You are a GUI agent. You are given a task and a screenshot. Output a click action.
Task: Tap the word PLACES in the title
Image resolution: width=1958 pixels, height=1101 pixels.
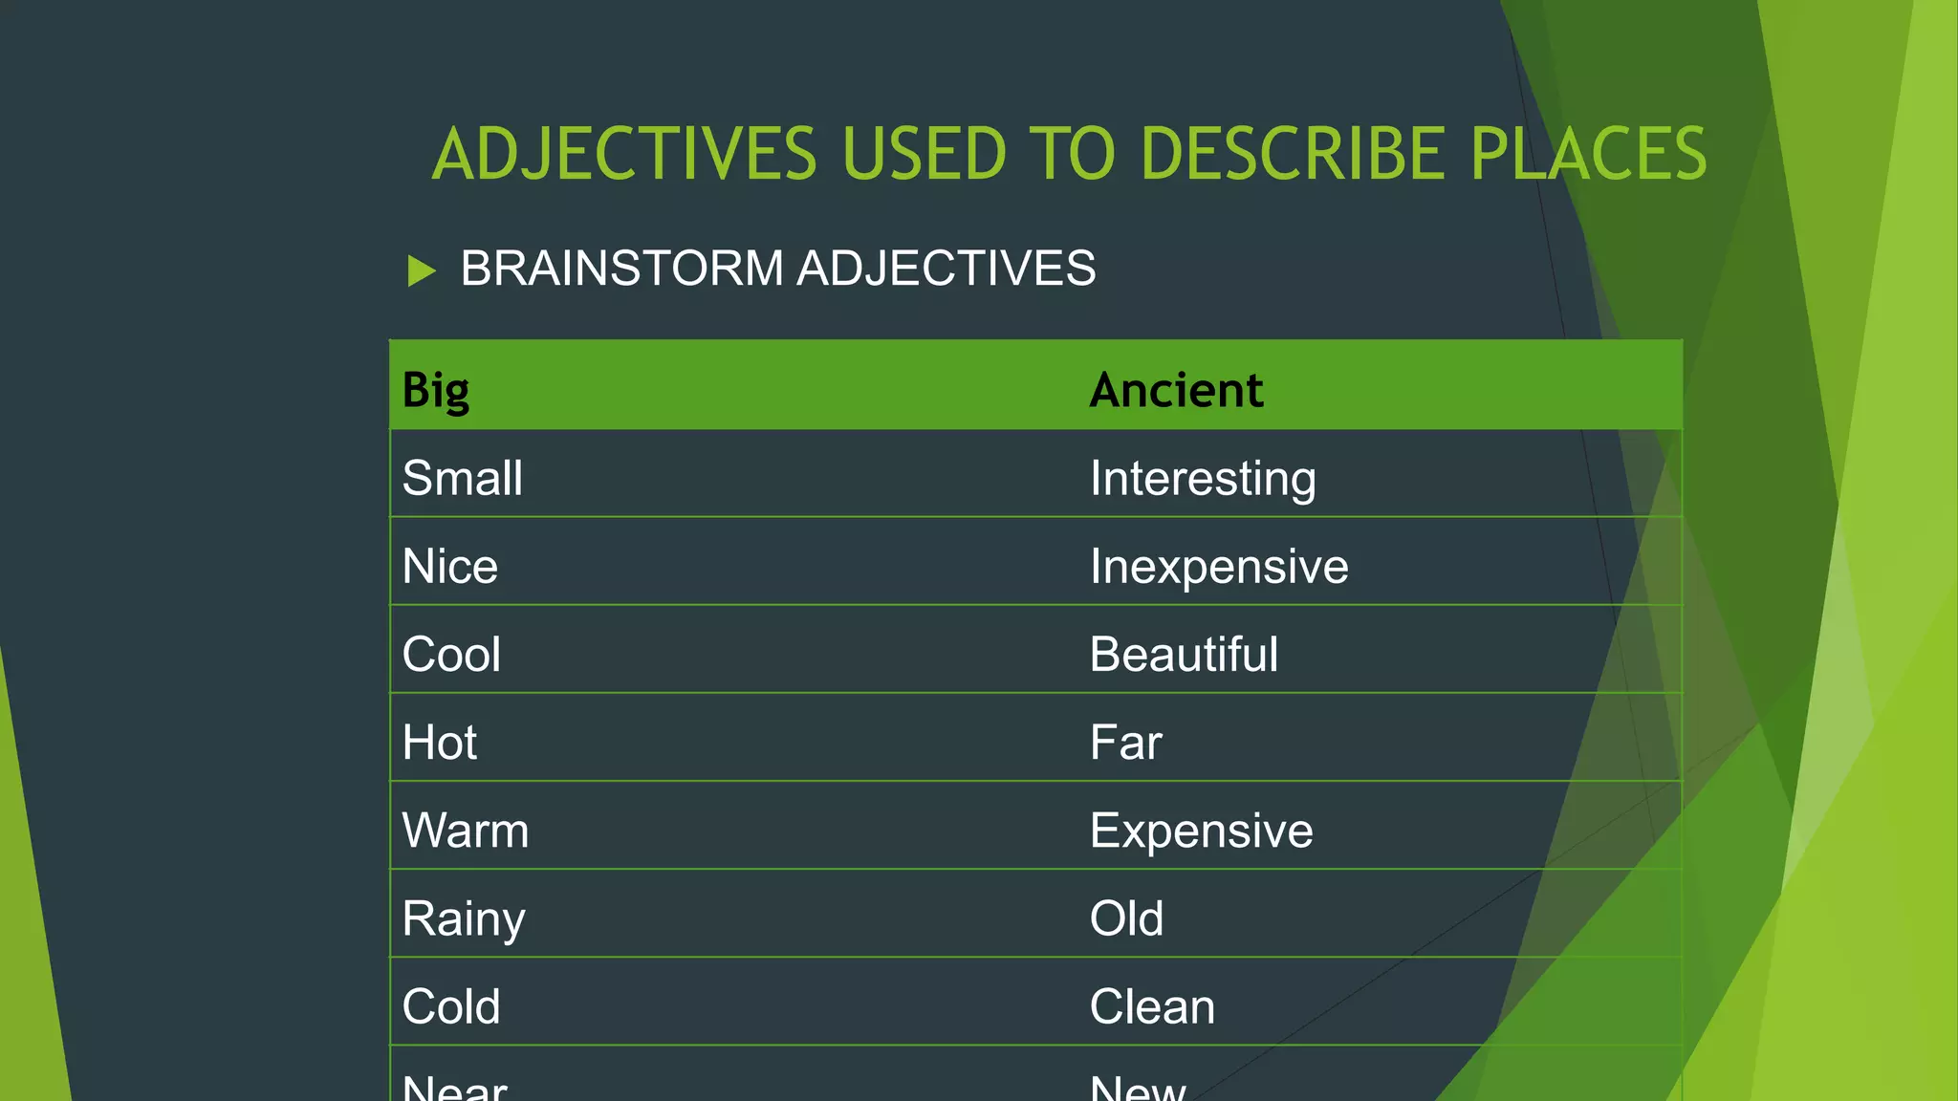click(x=1588, y=154)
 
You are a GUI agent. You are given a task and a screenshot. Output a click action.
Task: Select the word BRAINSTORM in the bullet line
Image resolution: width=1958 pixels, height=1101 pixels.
click(x=621, y=269)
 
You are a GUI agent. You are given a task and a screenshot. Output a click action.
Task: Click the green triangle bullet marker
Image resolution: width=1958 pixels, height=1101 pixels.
click(x=421, y=270)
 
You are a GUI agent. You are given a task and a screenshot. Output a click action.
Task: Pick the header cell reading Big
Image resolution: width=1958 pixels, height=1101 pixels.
click(x=436, y=390)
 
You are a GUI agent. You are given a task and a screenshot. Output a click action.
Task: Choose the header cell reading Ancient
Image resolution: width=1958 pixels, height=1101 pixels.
click(x=1176, y=390)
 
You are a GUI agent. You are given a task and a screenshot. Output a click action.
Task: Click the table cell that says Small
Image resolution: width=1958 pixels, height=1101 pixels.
click(x=463, y=478)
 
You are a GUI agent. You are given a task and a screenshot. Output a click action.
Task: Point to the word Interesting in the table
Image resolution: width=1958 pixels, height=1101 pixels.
click(x=1203, y=478)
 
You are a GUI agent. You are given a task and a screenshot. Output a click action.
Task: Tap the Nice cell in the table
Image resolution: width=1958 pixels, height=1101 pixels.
click(x=450, y=566)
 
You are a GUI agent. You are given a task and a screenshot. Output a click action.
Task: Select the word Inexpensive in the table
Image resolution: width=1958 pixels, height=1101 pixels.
click(x=1219, y=566)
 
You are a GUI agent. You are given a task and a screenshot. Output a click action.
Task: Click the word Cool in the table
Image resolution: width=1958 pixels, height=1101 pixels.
click(x=451, y=654)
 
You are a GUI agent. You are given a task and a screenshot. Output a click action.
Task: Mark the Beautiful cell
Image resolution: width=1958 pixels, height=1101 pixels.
click(x=1184, y=654)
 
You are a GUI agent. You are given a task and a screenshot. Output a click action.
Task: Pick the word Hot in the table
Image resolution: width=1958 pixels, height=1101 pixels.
click(x=440, y=742)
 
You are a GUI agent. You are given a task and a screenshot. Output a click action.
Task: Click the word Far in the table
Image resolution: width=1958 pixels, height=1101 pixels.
click(x=1126, y=742)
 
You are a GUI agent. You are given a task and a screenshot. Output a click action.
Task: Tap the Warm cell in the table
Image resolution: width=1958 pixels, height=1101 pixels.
click(x=466, y=830)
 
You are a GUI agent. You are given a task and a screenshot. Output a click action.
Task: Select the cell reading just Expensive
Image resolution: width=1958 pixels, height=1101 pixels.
click(x=1202, y=830)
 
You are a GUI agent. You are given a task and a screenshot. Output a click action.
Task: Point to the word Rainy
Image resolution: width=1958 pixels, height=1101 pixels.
click(x=464, y=918)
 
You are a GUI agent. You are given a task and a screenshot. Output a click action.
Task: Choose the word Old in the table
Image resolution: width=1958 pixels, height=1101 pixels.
click(x=1127, y=918)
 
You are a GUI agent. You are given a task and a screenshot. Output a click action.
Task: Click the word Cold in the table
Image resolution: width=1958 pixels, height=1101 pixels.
click(x=451, y=1006)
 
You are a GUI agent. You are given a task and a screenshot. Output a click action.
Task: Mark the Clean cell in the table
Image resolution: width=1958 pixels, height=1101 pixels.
click(x=1152, y=1006)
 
